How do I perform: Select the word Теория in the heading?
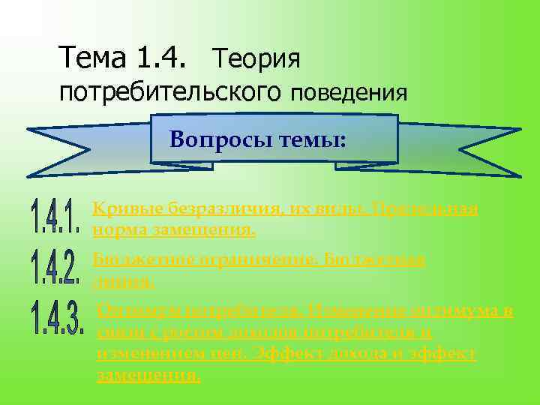256,57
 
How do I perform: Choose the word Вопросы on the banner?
213,139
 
